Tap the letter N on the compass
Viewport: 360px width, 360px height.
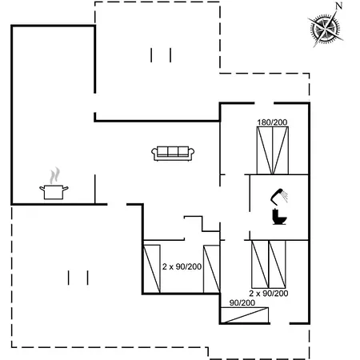(338, 6)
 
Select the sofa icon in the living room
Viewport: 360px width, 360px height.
(173, 154)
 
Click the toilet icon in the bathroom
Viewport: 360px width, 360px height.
(279, 217)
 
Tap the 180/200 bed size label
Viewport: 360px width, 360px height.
(272, 122)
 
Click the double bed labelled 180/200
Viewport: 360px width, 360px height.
(273, 150)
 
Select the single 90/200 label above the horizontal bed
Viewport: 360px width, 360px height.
(242, 302)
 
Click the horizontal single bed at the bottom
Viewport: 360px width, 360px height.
(245, 315)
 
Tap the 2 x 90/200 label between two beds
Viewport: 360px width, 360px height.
(182, 266)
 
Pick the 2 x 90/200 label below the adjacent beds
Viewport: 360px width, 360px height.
(269, 294)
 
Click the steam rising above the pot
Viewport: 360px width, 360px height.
(54, 175)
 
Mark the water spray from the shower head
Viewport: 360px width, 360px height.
(285, 196)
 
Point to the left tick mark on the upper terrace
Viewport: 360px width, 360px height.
(151, 55)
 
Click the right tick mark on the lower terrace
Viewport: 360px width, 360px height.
(87, 278)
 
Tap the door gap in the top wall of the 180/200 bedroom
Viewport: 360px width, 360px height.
(264, 103)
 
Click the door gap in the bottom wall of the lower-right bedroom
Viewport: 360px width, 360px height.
(280, 323)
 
